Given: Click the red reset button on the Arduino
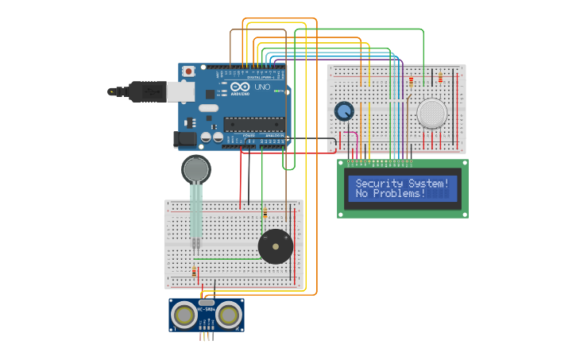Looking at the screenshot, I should pyautogui.click(x=189, y=72).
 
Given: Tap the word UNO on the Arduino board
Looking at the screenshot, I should pyautogui.click(x=261, y=87).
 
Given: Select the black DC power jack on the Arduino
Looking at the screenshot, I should pyautogui.click(x=184, y=138).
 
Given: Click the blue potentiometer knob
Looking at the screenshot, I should pyautogui.click(x=344, y=111).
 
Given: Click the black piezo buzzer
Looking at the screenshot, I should pyautogui.click(x=276, y=246).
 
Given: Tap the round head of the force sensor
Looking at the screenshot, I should pyautogui.click(x=196, y=169).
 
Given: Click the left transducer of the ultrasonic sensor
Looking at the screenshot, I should pyautogui.click(x=184, y=315).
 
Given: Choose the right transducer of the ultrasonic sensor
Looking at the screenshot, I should pyautogui.click(x=229, y=315).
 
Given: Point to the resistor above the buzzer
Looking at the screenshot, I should pyautogui.click(x=265, y=213).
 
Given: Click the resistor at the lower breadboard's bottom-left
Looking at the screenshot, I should pyautogui.click(x=194, y=272).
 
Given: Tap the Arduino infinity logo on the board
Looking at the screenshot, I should pyautogui.click(x=240, y=87).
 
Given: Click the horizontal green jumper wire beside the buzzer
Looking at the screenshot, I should pyautogui.click(x=226, y=259).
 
